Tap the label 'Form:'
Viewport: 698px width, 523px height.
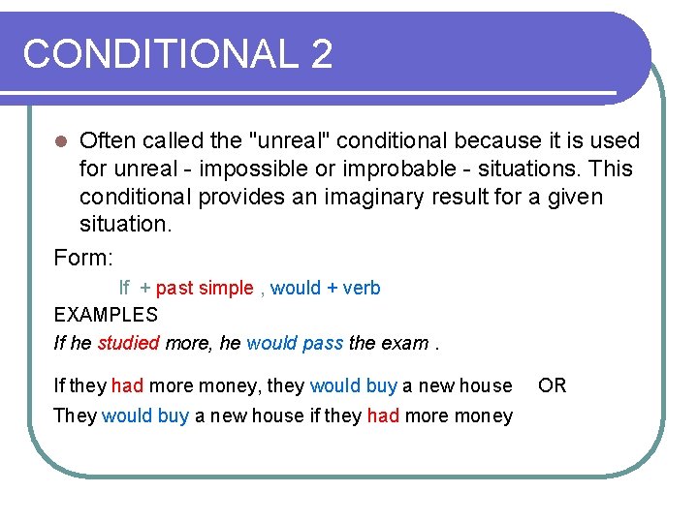(84, 258)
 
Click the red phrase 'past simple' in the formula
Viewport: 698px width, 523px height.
(205, 288)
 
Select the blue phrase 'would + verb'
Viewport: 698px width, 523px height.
(326, 288)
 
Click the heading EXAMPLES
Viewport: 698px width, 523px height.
(106, 315)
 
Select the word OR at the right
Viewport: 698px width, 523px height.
(553, 385)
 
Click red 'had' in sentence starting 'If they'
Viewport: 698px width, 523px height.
(127, 386)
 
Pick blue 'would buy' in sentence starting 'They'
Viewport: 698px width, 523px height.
(145, 415)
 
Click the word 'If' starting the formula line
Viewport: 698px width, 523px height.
(124, 288)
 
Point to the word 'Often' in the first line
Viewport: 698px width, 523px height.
(110, 141)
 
